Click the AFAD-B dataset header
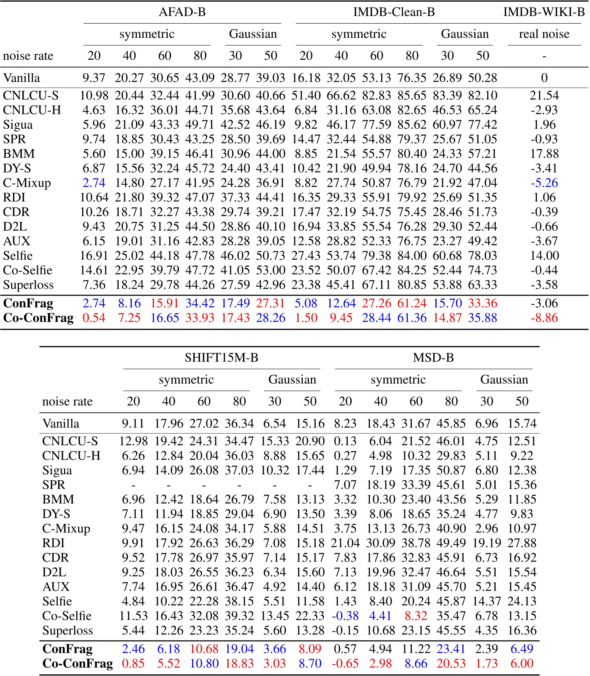point(182,12)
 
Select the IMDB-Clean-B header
point(394,12)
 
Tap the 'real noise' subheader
point(544,34)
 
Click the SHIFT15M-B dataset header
point(221,358)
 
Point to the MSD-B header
point(433,358)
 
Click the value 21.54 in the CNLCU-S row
point(544,96)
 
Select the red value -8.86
point(544,318)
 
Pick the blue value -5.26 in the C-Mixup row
point(544,183)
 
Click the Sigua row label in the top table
point(18,125)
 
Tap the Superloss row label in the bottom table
point(67,631)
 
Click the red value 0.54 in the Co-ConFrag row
point(94,318)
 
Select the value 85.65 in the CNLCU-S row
point(412,96)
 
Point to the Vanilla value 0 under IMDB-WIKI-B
point(544,78)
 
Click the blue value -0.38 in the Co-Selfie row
point(345,616)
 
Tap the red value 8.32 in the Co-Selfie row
point(416,616)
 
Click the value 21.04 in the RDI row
point(345,543)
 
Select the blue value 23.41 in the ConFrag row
point(451,649)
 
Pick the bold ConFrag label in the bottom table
point(67,649)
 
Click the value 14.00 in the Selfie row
point(544,256)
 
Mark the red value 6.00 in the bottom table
point(522,664)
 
